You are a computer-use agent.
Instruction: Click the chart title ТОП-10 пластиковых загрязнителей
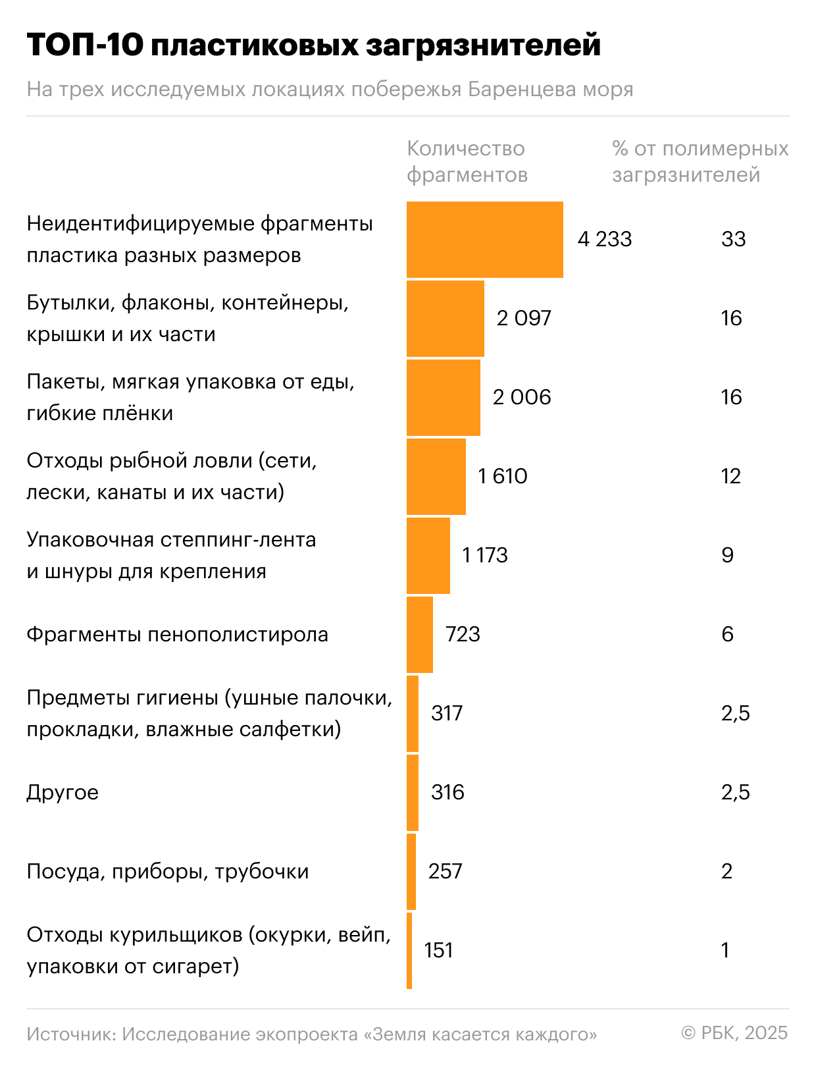pyautogui.click(x=313, y=46)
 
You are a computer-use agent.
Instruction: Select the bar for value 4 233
pyautogui.click(x=484, y=240)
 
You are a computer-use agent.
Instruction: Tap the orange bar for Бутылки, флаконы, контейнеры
pyautogui.click(x=445, y=319)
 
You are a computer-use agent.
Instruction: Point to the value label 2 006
pyautogui.click(x=521, y=397)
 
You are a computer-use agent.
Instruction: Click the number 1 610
pyautogui.click(x=502, y=476)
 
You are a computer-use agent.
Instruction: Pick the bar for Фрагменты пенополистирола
pyautogui.click(x=419, y=635)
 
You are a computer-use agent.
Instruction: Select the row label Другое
pyautogui.click(x=63, y=792)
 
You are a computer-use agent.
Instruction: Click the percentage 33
pyautogui.click(x=733, y=239)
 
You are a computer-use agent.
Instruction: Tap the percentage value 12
pyautogui.click(x=730, y=476)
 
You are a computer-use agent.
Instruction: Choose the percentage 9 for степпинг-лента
pyautogui.click(x=727, y=555)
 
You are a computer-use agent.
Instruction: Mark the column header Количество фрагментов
pyautogui.click(x=467, y=161)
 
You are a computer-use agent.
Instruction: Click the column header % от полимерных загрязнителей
pyautogui.click(x=700, y=161)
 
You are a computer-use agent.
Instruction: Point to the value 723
pyautogui.click(x=462, y=634)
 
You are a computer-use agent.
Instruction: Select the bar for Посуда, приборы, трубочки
pyautogui.click(x=411, y=872)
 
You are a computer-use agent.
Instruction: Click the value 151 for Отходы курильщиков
pyautogui.click(x=438, y=950)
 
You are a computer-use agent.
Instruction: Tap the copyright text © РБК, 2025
pyautogui.click(x=734, y=1032)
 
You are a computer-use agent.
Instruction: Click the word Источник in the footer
pyautogui.click(x=71, y=1034)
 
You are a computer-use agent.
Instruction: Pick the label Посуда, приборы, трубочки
pyautogui.click(x=167, y=872)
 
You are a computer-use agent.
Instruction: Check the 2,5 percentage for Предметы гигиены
pyautogui.click(x=735, y=713)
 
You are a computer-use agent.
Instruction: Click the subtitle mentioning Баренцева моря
pyautogui.click(x=330, y=90)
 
